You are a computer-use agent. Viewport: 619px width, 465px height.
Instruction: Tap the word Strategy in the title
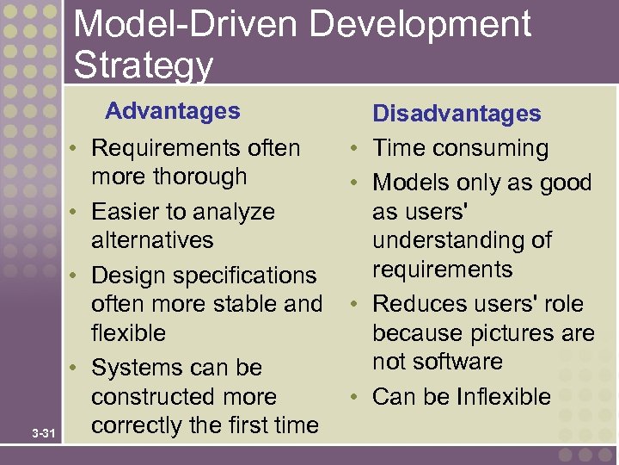click(x=143, y=65)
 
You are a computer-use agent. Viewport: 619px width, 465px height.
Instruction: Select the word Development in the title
click(x=420, y=24)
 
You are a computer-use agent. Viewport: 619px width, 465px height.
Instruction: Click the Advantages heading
click(x=173, y=111)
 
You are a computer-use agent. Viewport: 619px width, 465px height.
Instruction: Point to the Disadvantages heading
click(x=457, y=114)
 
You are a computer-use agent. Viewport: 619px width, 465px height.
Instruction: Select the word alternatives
click(x=152, y=240)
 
